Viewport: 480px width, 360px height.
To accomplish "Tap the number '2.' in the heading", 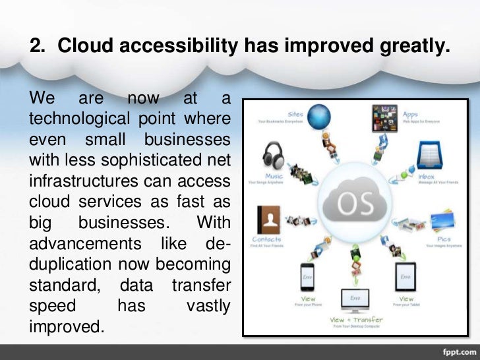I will pos(40,46).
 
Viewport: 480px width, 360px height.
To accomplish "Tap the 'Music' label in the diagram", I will pos(273,177).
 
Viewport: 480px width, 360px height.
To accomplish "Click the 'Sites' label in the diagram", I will pos(295,114).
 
